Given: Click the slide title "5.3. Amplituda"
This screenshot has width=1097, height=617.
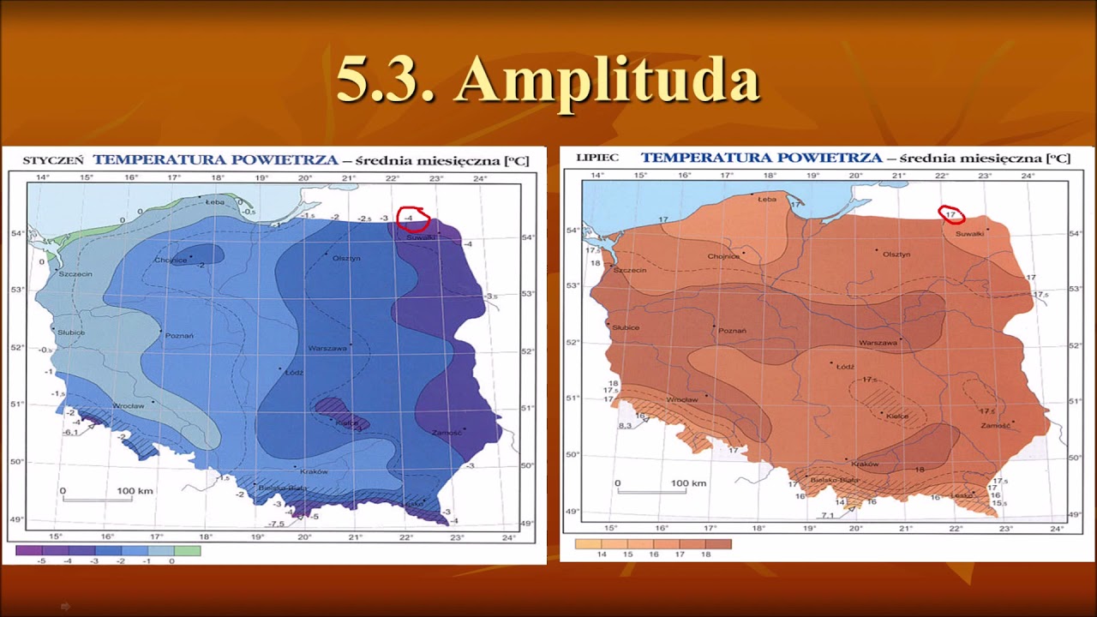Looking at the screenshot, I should [548, 81].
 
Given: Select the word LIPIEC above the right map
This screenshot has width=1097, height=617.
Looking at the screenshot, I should [597, 159].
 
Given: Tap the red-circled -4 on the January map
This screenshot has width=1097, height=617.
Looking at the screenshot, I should [411, 219].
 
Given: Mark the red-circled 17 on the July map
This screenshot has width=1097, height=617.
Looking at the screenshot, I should [950, 214].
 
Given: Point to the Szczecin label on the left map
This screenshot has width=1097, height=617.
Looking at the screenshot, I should [75, 274].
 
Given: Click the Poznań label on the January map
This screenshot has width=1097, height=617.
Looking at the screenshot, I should [180, 335].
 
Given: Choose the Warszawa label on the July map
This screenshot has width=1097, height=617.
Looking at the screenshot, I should [877, 343].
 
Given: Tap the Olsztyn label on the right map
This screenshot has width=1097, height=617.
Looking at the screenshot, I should [896, 255].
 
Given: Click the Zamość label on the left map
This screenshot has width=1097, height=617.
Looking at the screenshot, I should [447, 433].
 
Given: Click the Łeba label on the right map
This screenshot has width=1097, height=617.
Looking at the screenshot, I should [767, 198].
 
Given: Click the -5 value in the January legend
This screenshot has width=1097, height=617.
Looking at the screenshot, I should [41, 561].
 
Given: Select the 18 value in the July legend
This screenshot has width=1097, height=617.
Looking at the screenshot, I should [705, 555].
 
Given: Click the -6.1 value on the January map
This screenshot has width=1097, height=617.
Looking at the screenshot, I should [71, 432].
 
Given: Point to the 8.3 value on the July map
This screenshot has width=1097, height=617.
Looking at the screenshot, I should [625, 426].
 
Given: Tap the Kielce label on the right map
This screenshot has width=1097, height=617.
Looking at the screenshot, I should [897, 417].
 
